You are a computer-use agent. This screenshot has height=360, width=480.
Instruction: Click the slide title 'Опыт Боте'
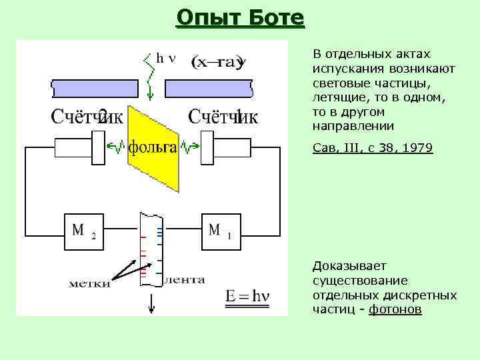[240, 17]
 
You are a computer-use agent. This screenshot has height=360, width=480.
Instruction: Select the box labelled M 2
[84, 231]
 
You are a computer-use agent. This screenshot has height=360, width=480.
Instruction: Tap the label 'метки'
[90, 285]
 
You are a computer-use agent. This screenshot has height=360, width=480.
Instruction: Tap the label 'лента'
[184, 280]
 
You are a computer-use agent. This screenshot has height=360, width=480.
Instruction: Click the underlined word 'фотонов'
[395, 310]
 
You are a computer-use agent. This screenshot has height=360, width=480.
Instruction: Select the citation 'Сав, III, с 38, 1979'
[372, 149]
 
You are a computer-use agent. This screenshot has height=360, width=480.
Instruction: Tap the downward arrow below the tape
[152, 304]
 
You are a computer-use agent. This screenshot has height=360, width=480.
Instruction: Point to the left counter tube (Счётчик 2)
[80, 147]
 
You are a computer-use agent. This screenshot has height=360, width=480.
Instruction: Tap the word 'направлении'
[353, 126]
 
